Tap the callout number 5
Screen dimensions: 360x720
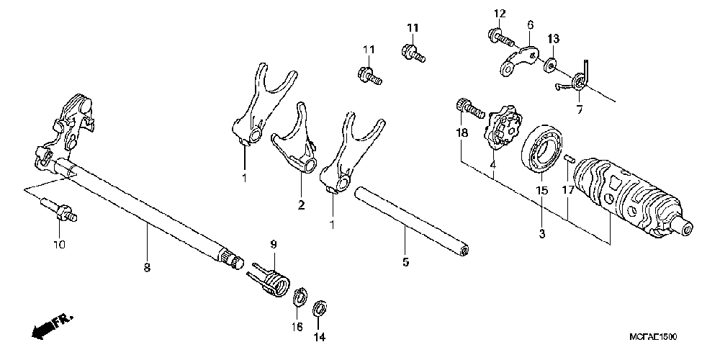pos(405,262)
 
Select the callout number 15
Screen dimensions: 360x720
pos(541,191)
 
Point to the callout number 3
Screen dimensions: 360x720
pos(541,234)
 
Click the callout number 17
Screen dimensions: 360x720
pos(567,191)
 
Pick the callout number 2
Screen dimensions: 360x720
pos(301,205)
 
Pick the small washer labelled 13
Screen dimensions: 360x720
pos(551,64)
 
